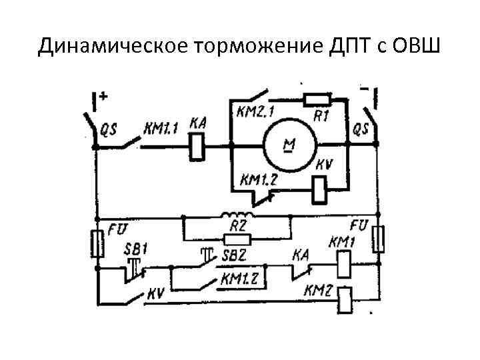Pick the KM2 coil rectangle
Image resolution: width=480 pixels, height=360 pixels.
(345, 301)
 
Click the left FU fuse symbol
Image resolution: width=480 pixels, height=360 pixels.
(97, 244)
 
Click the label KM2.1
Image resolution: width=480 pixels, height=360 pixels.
(253, 110)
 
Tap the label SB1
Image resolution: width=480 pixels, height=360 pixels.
(135, 248)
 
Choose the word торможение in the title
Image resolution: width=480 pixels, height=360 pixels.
(257, 47)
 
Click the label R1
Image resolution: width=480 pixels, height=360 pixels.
(322, 115)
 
